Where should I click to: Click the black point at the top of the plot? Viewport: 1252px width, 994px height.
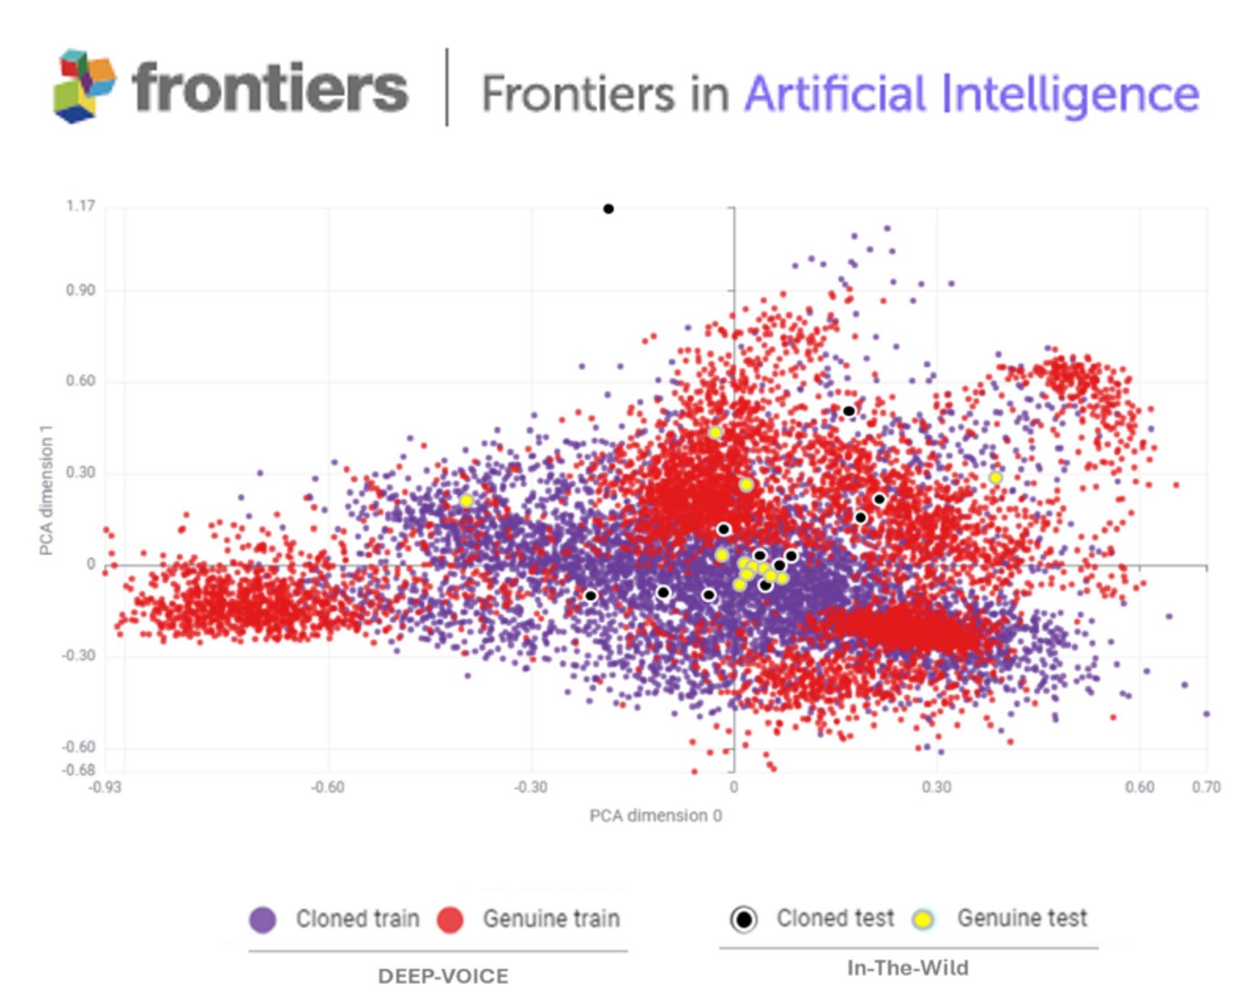[608, 209]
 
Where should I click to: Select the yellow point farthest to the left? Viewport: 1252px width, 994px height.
[466, 501]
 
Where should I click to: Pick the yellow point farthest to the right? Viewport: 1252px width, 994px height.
[996, 478]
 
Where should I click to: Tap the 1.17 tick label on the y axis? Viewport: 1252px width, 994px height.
[80, 206]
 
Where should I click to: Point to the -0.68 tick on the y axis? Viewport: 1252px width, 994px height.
[78, 770]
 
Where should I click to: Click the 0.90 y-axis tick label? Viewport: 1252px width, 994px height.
[80, 290]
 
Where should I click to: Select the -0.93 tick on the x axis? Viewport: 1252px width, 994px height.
[106, 787]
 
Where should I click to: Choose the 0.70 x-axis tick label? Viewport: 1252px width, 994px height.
[1205, 787]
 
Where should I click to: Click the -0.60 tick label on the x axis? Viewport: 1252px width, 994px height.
[327, 787]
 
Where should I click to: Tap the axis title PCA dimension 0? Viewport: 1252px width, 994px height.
[656, 815]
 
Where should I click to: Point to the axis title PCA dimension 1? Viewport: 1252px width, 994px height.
[47, 490]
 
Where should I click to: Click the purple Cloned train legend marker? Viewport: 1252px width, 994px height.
[263, 919]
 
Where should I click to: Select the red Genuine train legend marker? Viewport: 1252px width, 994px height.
[450, 919]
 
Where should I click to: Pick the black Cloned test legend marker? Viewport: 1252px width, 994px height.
[744, 919]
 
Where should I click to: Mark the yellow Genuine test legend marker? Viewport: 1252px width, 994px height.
[924, 919]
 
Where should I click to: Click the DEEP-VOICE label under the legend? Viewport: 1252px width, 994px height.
[443, 976]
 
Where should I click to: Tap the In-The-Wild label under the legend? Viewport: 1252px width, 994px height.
[908, 968]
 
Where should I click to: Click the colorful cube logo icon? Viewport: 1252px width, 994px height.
[85, 86]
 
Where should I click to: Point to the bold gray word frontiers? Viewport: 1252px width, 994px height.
[270, 88]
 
